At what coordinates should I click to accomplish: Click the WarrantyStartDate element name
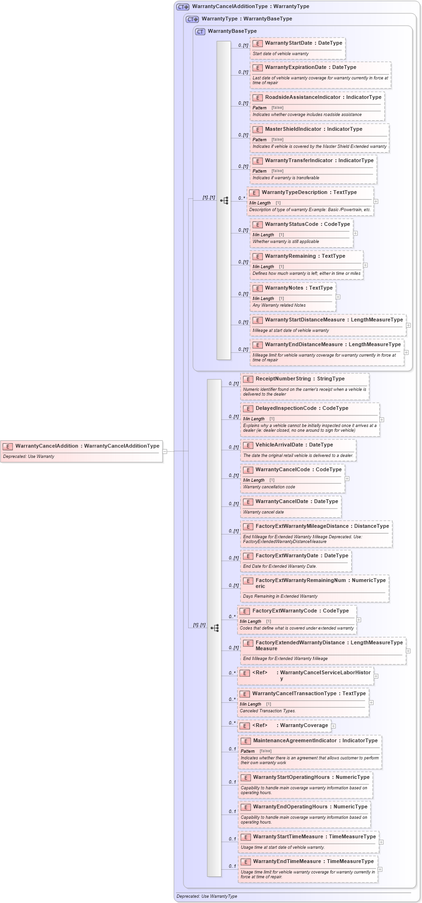coord(288,43)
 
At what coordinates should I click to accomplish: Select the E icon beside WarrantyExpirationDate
coord(258,68)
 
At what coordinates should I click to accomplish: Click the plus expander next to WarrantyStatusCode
coord(355,233)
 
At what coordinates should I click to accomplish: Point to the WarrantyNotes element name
coord(284,288)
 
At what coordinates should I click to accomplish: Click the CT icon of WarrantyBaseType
coord(200,31)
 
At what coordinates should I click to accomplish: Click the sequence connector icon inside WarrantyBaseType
coord(224,201)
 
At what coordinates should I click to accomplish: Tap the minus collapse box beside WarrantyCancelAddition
coord(165,451)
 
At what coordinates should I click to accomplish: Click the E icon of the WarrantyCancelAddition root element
coord(8,447)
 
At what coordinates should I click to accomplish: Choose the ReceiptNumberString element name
coord(283,379)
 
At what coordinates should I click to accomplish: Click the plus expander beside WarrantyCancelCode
coord(347,478)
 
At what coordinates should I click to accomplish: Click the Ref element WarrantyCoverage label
coord(304,726)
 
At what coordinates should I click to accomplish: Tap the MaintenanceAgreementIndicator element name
coord(295,741)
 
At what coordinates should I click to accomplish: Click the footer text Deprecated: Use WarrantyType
coord(207,896)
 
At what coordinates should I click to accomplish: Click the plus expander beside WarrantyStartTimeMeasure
coord(381,842)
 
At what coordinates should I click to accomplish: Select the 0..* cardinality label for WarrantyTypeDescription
coord(242,198)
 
